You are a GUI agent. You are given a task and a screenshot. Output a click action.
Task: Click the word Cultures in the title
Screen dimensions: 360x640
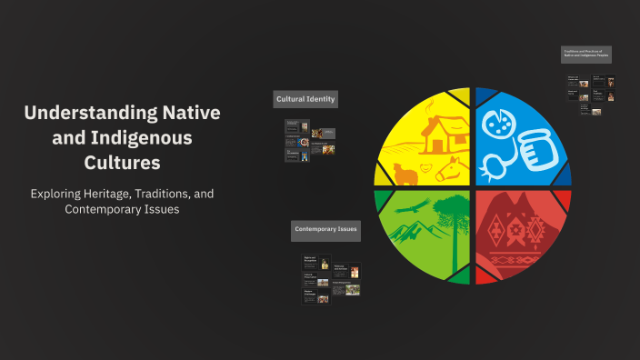click(123, 164)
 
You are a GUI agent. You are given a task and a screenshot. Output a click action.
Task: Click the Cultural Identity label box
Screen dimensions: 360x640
click(305, 98)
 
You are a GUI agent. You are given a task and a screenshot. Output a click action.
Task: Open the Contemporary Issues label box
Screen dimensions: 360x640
click(325, 231)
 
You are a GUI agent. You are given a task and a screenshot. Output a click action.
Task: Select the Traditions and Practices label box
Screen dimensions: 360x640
click(585, 55)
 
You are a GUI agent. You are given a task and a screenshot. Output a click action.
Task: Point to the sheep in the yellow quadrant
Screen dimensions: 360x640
click(405, 173)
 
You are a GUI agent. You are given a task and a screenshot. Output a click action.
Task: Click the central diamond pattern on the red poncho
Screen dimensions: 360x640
click(524, 232)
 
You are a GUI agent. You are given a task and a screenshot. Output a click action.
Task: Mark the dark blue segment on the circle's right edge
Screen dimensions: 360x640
click(565, 173)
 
